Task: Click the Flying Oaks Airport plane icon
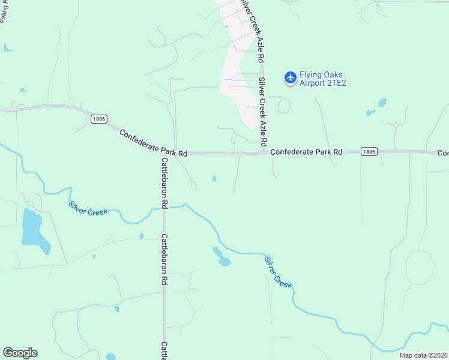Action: pyautogui.click(x=291, y=77)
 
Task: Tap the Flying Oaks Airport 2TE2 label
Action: pyautogui.click(x=324, y=79)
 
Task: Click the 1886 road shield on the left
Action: pyautogui.click(x=99, y=119)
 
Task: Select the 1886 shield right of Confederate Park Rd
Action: pyautogui.click(x=369, y=152)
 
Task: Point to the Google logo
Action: pyautogui.click(x=20, y=353)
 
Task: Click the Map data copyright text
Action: pyautogui.click(x=423, y=355)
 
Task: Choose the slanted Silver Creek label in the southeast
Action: pyautogui.click(x=278, y=272)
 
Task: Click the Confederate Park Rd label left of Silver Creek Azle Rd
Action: pyautogui.click(x=153, y=143)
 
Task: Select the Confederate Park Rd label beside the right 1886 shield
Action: pyautogui.click(x=306, y=152)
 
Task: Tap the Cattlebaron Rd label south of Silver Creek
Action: pyautogui.click(x=164, y=259)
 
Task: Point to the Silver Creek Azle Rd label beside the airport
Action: pyautogui.click(x=262, y=111)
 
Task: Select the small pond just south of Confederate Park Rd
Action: pyautogui.click(x=214, y=178)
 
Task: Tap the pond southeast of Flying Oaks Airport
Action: pyautogui.click(x=380, y=103)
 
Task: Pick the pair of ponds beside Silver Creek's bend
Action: pyautogui.click(x=221, y=257)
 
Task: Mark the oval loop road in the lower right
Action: pyautogui.click(x=420, y=266)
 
